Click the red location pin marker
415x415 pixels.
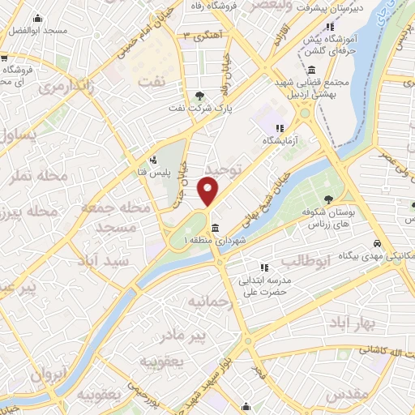tap(208, 191)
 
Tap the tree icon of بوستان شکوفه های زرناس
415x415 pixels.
tap(327, 199)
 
